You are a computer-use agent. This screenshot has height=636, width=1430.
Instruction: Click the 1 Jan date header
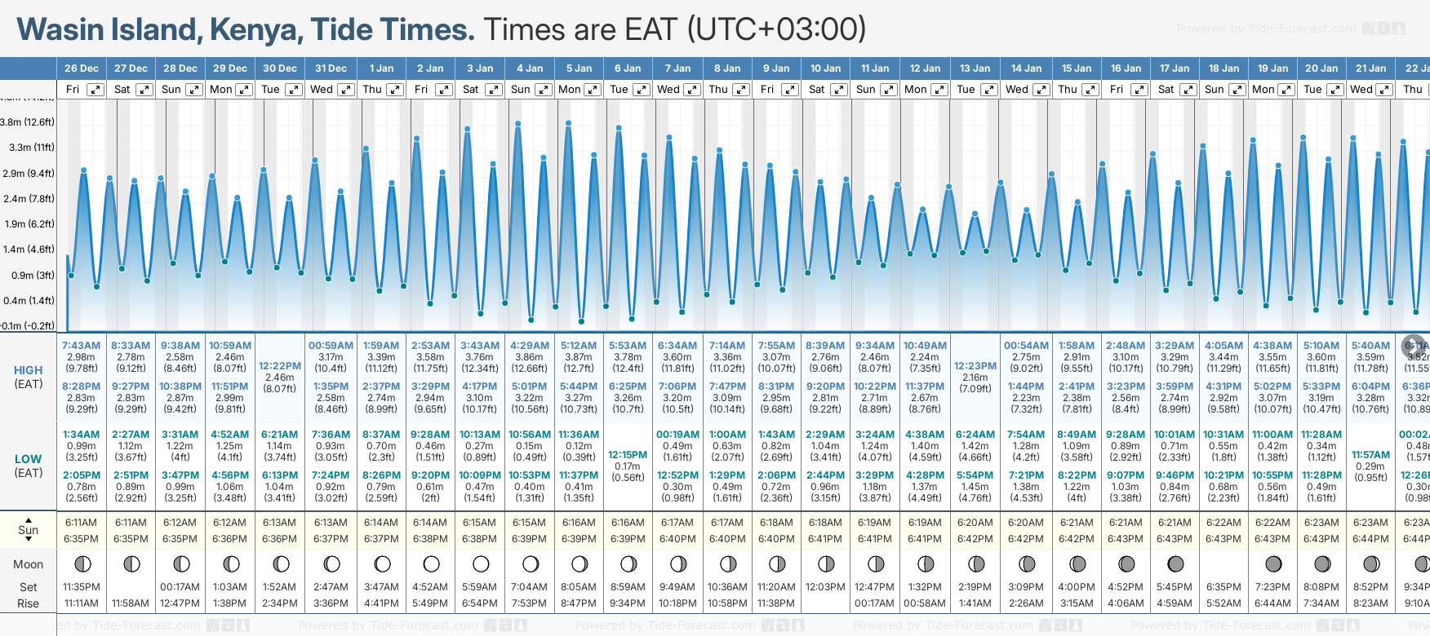(x=381, y=68)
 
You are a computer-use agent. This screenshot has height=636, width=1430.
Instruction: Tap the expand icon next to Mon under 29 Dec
(x=244, y=90)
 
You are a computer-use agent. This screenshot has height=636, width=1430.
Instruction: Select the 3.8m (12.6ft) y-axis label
(x=27, y=122)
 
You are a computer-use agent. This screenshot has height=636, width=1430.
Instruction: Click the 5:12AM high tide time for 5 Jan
(x=579, y=346)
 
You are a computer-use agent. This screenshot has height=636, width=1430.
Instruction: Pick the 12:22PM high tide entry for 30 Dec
(x=280, y=366)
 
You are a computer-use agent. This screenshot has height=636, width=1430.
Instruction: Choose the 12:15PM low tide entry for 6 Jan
(x=628, y=455)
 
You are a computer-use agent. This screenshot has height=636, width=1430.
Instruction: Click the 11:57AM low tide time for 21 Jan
(x=1370, y=455)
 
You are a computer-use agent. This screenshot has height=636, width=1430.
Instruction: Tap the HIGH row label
(x=29, y=370)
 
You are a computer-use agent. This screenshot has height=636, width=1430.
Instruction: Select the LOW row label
(x=29, y=459)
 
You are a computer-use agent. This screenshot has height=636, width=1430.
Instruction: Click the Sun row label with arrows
(x=29, y=530)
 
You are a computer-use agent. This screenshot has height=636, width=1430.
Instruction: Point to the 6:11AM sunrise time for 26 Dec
(x=81, y=523)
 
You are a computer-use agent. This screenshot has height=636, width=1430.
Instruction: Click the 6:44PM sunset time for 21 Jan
(x=1370, y=539)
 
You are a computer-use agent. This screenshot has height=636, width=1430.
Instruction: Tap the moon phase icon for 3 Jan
(x=481, y=563)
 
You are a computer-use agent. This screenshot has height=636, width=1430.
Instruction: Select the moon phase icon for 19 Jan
(x=1273, y=563)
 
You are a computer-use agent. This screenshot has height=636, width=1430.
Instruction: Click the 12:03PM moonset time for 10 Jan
(x=825, y=587)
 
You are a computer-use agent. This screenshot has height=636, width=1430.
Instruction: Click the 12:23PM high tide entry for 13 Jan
(x=975, y=366)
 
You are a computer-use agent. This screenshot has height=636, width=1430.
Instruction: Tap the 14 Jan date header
(x=1026, y=68)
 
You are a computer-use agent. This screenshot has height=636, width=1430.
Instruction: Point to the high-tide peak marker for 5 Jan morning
(x=568, y=123)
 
